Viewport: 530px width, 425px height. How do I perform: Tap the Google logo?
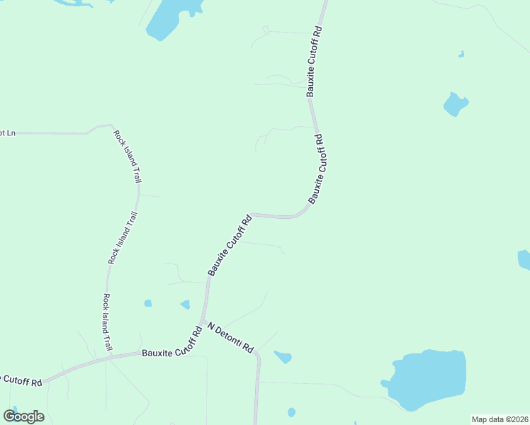pyautogui.click(x=23, y=416)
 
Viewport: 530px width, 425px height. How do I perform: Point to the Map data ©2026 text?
pyautogui.click(x=500, y=419)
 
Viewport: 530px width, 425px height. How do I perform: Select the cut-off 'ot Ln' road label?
pyautogui.click(x=7, y=132)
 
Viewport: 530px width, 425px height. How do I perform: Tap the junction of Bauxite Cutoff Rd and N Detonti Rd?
pyautogui.click(x=203, y=322)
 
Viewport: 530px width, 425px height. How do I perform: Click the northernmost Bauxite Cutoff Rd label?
pyautogui.click(x=315, y=62)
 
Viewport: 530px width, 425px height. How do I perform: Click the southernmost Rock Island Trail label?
pyautogui.click(x=108, y=323)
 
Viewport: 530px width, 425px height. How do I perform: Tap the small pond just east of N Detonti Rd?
pyautogui.click(x=283, y=357)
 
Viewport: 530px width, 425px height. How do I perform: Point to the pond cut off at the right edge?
pyautogui.click(x=524, y=259)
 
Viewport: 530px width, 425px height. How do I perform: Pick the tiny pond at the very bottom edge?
pyautogui.click(x=291, y=412)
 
